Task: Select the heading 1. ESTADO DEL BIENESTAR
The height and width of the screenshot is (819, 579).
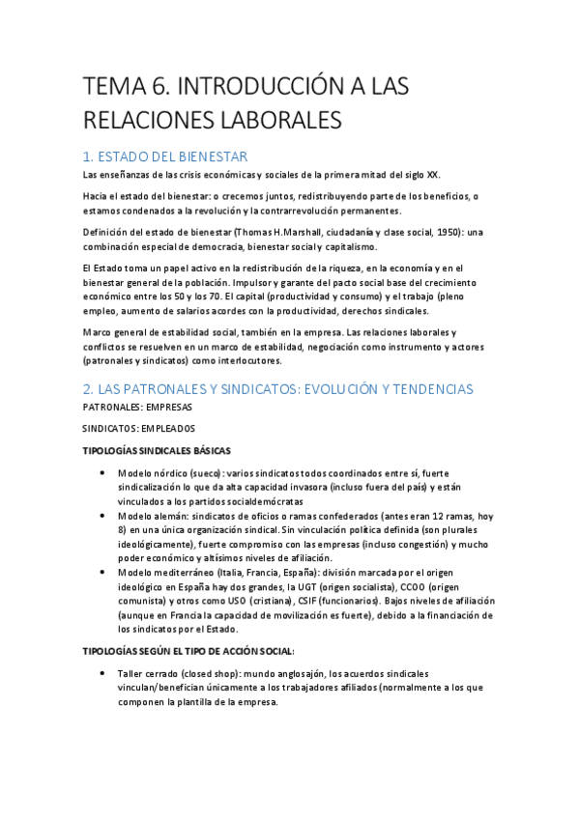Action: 166,156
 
